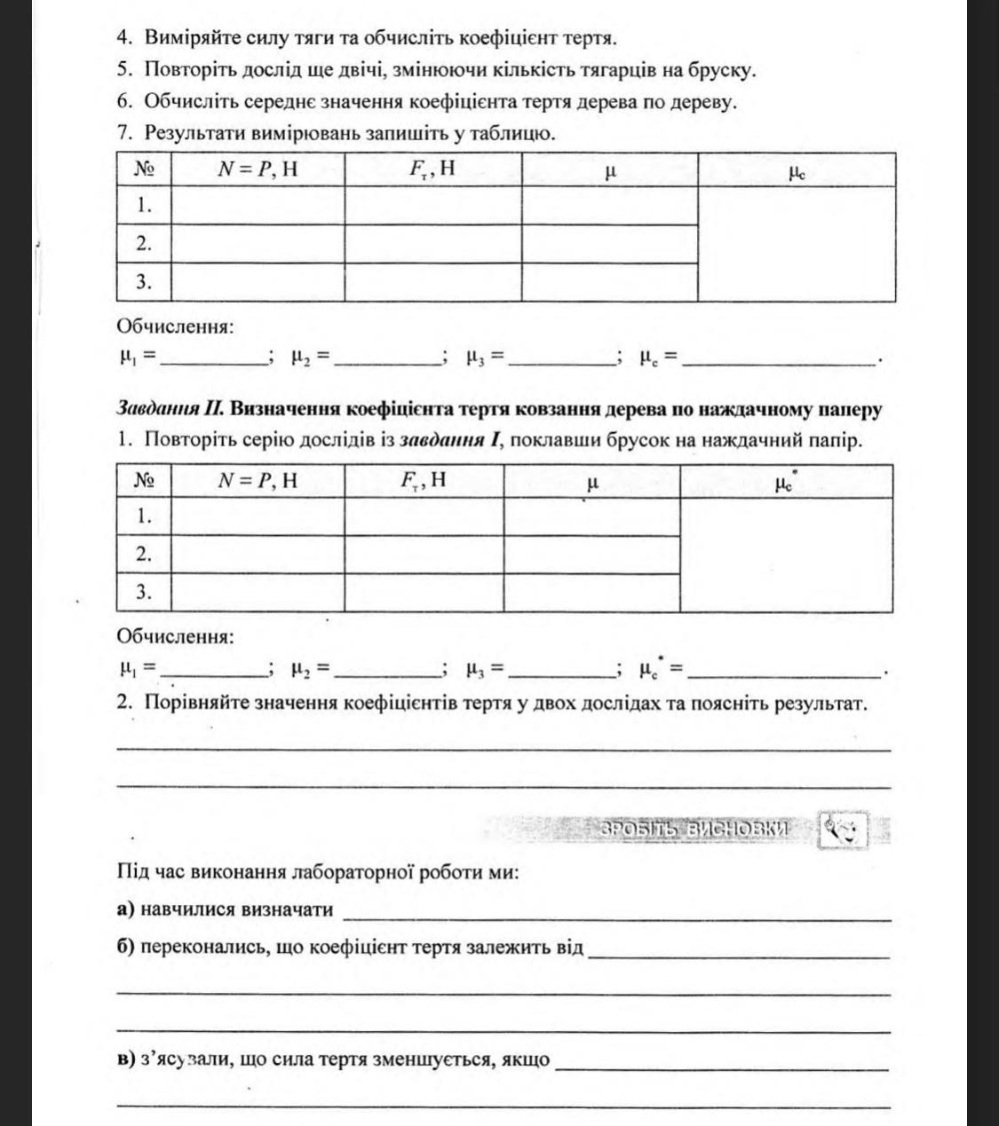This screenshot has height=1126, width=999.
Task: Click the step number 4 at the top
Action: click(123, 37)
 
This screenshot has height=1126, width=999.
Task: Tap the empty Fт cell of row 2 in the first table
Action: click(432, 243)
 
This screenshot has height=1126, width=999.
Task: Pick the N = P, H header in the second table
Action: click(258, 481)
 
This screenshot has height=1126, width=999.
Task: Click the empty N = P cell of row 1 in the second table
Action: click(258, 516)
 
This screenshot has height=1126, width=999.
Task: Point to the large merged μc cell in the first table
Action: click(796, 244)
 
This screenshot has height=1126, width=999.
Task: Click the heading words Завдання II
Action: click(169, 409)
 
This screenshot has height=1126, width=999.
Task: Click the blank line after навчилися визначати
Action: click(616, 912)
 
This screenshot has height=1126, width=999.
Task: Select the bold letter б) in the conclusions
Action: click(125, 947)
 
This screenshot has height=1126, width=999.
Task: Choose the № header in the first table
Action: click(144, 169)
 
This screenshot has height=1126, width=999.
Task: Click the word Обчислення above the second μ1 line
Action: click(175, 636)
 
